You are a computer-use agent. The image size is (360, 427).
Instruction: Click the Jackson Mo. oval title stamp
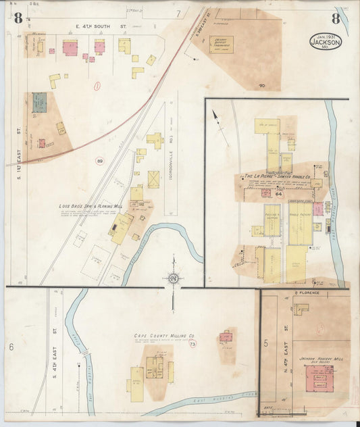(x=326, y=41)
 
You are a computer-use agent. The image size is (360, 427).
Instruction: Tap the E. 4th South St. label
(x=101, y=28)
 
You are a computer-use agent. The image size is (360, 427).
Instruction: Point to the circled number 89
(x=100, y=161)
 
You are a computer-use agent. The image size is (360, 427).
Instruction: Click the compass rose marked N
(x=173, y=278)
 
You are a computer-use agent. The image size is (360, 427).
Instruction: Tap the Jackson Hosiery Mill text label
(x=317, y=359)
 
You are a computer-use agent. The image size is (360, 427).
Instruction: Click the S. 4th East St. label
(x=54, y=351)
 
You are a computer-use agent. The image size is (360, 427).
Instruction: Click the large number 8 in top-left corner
(x=18, y=17)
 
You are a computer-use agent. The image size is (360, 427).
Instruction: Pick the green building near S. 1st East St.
(x=39, y=102)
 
